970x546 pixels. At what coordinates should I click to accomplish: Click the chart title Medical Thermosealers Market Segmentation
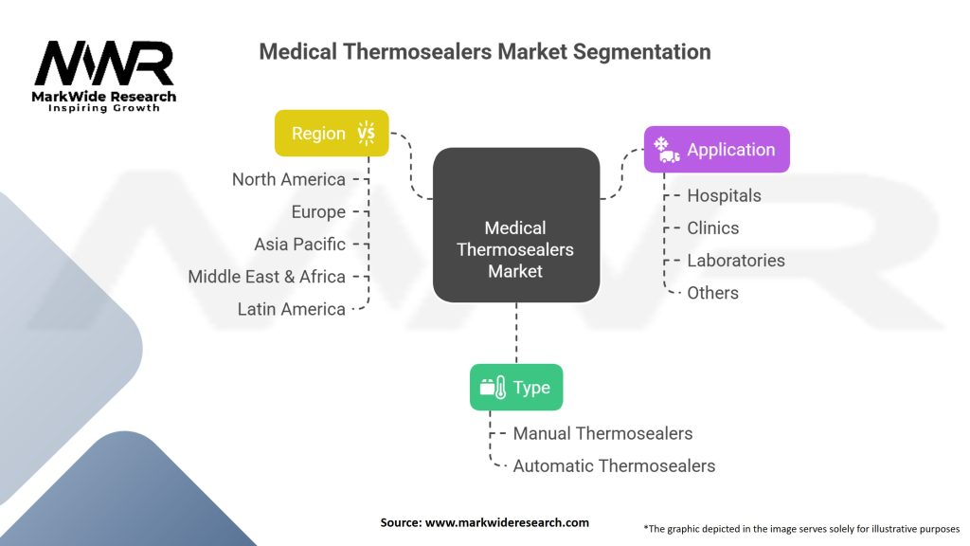pyautogui.click(x=484, y=51)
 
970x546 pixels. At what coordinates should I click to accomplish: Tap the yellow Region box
pyautogui.click(x=332, y=133)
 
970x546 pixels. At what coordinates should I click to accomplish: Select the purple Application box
pyautogui.click(x=716, y=149)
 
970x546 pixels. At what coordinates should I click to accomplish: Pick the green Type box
pyautogui.click(x=515, y=387)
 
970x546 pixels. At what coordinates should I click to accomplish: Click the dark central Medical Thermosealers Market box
pyautogui.click(x=515, y=248)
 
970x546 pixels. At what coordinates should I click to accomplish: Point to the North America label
pyautogui.click(x=289, y=179)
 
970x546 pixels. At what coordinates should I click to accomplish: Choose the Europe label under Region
pyautogui.click(x=318, y=211)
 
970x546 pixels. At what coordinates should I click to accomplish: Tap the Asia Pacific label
pyautogui.click(x=299, y=244)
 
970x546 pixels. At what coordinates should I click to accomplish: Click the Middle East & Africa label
pyautogui.click(x=266, y=276)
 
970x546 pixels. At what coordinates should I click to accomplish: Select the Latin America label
pyautogui.click(x=292, y=308)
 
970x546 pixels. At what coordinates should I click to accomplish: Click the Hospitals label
pyautogui.click(x=724, y=195)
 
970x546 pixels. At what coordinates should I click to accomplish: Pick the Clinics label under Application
pyautogui.click(x=712, y=227)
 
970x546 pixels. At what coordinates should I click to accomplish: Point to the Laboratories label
pyautogui.click(x=736, y=260)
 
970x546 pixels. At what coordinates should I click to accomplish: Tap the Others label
pyautogui.click(x=712, y=292)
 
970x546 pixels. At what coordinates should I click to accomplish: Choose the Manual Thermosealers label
pyautogui.click(x=602, y=433)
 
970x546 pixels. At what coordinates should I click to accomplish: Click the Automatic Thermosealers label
pyautogui.click(x=614, y=465)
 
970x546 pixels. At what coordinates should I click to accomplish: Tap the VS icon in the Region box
pyautogui.click(x=366, y=133)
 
